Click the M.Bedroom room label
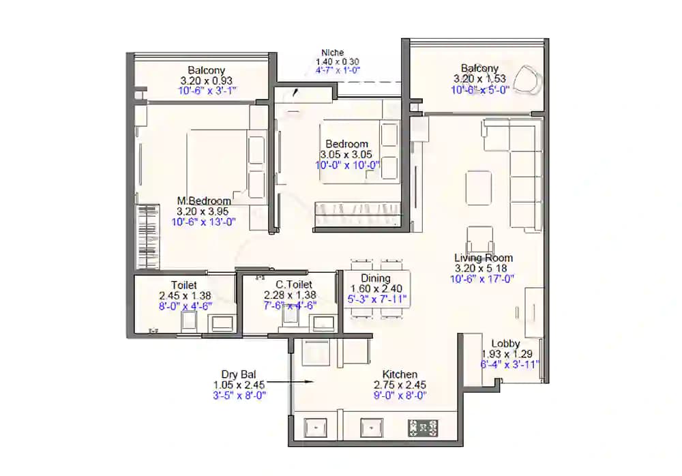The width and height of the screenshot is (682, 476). point(204,201)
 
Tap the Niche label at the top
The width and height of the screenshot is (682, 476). point(333,53)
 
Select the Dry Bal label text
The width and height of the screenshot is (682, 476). point(237,374)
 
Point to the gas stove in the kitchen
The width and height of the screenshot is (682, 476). point(423,428)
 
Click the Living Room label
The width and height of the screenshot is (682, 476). point(484,258)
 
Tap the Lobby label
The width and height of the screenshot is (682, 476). point(505,344)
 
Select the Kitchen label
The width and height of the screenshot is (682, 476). point(400,374)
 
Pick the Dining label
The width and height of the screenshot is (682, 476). point(376,278)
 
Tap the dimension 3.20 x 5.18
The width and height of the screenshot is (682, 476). point(484,268)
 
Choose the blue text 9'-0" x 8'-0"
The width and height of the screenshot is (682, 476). point(400,394)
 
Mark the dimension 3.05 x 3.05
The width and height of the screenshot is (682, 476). point(346,155)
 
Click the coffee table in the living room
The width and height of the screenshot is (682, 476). point(478,188)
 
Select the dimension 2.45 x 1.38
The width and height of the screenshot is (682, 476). point(184,295)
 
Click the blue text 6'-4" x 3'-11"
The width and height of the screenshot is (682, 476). point(510,363)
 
